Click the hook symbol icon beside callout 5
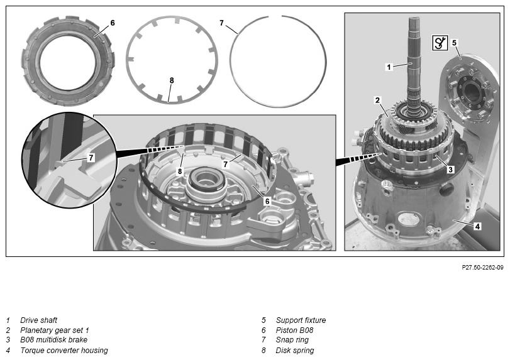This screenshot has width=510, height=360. (440, 43)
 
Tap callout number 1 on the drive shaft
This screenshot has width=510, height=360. (389, 67)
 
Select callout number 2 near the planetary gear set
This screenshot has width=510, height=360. (377, 100)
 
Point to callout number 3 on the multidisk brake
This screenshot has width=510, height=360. (450, 169)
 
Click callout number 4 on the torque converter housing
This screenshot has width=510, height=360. (477, 226)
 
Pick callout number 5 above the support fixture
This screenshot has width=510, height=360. (455, 43)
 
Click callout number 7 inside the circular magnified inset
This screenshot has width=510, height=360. (91, 158)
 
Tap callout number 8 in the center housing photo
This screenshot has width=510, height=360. (180, 172)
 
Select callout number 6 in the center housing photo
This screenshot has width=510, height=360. (267, 201)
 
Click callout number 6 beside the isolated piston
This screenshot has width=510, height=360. (113, 23)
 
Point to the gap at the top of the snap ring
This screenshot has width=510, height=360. (275, 16)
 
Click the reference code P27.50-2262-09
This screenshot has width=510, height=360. (482, 268)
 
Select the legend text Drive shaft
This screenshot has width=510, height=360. (39, 320)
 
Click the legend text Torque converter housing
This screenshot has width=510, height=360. (64, 350)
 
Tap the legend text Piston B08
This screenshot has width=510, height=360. (294, 330)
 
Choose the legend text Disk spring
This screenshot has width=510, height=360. (295, 350)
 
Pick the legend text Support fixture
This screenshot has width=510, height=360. (301, 320)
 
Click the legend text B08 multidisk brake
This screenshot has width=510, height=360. (54, 340)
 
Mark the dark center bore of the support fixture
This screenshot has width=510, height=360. (470, 92)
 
